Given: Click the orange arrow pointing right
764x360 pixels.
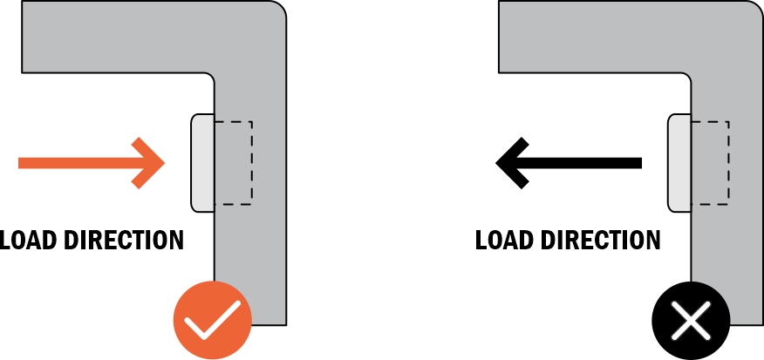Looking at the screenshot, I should point(87,163).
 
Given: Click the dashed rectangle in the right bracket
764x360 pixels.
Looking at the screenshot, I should point(711,163).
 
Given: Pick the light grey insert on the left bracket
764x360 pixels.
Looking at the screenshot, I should point(202,163).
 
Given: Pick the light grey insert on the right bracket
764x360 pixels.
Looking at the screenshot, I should point(679,163).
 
